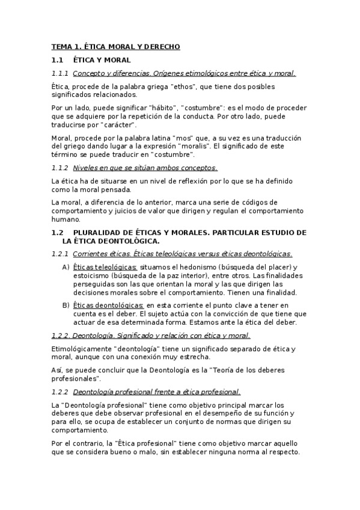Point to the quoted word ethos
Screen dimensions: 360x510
point(182,87)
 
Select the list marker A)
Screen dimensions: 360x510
point(66,266)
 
